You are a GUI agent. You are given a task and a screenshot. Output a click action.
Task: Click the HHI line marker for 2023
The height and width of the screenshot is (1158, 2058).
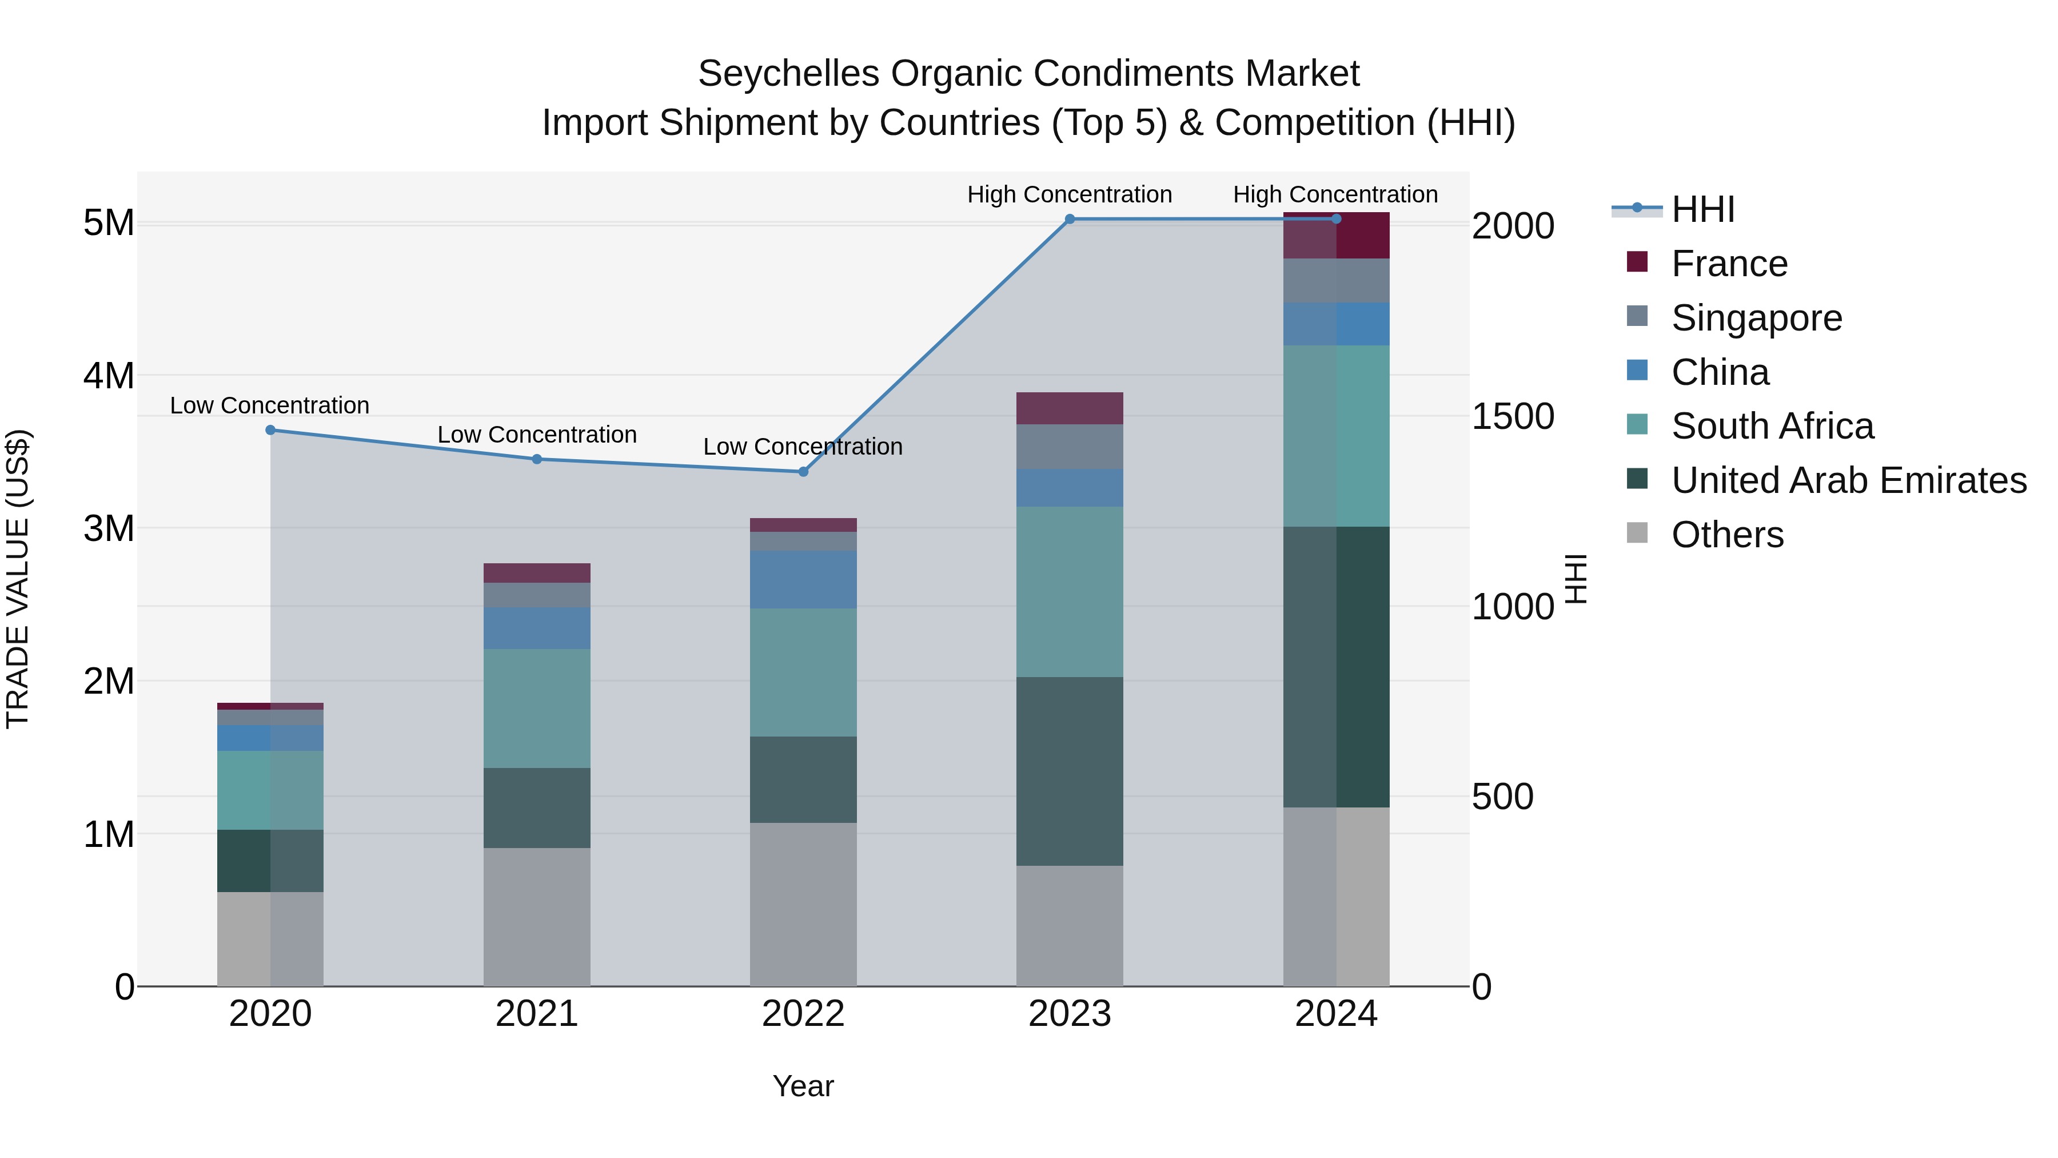click(1070, 219)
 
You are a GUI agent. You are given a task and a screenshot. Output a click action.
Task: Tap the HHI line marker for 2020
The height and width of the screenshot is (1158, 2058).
click(270, 430)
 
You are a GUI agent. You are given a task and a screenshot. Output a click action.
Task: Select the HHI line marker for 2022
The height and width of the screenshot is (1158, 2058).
click(804, 472)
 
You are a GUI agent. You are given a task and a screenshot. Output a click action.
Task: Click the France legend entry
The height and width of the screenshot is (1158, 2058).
click(1729, 264)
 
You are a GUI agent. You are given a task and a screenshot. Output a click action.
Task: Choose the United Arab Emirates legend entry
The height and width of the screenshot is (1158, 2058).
click(1848, 480)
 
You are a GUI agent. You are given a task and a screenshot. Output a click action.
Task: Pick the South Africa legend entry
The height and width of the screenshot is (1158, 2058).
click(1772, 426)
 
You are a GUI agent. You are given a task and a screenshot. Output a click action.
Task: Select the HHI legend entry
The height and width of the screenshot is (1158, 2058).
click(1702, 209)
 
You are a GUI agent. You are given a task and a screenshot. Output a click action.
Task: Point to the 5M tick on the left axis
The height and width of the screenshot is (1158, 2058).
click(109, 223)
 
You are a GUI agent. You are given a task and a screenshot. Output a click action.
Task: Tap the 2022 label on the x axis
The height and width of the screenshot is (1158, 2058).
click(803, 1014)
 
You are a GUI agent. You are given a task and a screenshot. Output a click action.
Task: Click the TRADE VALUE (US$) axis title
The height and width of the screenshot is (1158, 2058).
click(18, 579)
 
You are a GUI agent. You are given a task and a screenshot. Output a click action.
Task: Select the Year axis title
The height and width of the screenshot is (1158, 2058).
click(803, 1086)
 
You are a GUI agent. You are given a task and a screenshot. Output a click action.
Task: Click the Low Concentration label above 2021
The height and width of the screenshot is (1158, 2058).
click(537, 435)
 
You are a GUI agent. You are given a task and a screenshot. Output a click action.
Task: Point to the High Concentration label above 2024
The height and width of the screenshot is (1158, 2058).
click(1335, 194)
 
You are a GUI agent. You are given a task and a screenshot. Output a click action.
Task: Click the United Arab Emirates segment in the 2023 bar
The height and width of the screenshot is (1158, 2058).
click(1070, 771)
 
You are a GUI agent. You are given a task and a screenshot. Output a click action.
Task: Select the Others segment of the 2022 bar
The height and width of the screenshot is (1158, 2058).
click(803, 905)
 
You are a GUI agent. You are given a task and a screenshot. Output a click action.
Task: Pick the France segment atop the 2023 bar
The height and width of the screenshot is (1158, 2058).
click(1070, 408)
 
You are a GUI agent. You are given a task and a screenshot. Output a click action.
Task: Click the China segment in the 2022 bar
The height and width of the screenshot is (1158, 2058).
click(803, 579)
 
